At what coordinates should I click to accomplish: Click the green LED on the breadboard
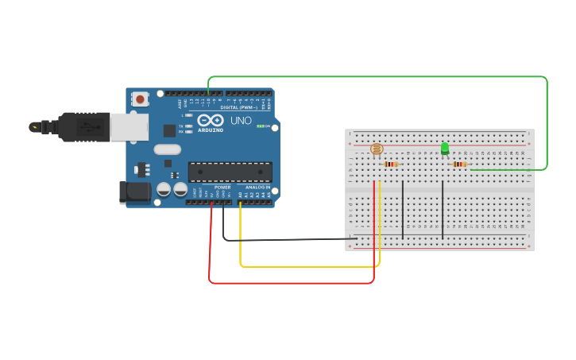pyautogui.click(x=445, y=148)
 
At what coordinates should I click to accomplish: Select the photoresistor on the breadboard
pyautogui.click(x=377, y=149)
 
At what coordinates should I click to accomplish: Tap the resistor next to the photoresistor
pyautogui.click(x=390, y=165)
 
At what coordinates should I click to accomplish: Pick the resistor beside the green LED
pyautogui.click(x=458, y=165)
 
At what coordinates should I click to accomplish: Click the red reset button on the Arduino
pyautogui.click(x=141, y=99)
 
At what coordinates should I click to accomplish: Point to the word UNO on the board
pyautogui.click(x=241, y=121)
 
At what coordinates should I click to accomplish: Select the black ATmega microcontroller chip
pyautogui.click(x=230, y=172)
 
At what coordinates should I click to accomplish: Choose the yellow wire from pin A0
pyautogui.click(x=310, y=266)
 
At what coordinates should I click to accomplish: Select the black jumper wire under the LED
pyautogui.click(x=443, y=208)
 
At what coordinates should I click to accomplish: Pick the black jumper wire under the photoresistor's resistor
pyautogui.click(x=403, y=208)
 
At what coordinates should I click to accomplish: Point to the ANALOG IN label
pyautogui.click(x=257, y=188)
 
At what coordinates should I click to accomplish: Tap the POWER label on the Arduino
pyautogui.click(x=222, y=188)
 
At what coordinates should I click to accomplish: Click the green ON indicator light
pyautogui.click(x=259, y=126)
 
